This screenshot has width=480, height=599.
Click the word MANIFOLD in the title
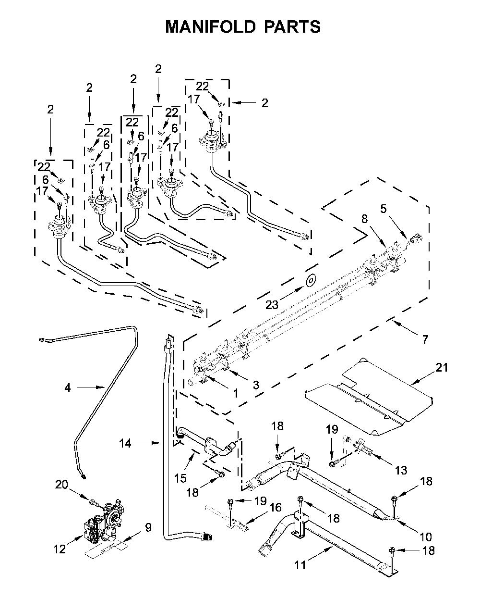(210, 27)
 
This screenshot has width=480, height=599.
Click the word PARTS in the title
(292, 27)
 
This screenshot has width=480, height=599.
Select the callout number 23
(272, 305)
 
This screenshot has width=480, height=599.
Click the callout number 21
(442, 367)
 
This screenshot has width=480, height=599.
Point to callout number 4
(68, 387)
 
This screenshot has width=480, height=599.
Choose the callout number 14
(125, 443)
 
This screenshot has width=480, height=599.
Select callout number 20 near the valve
(61, 484)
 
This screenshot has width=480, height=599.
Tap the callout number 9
(148, 527)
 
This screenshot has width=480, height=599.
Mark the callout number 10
(426, 537)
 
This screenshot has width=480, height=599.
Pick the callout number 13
(401, 470)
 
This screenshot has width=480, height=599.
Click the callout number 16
(276, 507)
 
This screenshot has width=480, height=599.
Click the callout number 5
(384, 209)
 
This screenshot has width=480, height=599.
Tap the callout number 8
(364, 219)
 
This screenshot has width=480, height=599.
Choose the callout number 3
(256, 385)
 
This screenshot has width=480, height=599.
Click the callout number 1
(236, 394)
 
